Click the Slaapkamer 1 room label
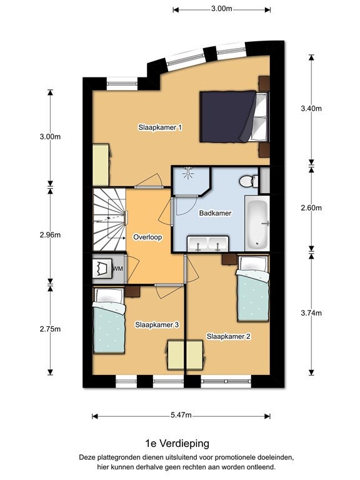click(160, 127)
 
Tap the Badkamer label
click(215, 213)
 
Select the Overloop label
click(147, 237)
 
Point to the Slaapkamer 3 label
click(157, 325)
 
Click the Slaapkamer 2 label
click(229, 336)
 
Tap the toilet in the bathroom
click(249, 181)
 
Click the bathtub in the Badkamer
click(257, 224)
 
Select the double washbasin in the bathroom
click(208, 244)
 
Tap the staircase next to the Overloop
click(109, 220)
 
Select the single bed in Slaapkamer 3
click(109, 321)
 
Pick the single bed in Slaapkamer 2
click(252, 288)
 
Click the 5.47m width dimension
click(181, 416)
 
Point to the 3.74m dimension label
click(311, 313)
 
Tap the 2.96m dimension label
click(50, 235)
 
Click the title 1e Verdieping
click(177, 444)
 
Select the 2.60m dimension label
click(311, 208)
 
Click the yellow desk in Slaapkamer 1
click(101, 165)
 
